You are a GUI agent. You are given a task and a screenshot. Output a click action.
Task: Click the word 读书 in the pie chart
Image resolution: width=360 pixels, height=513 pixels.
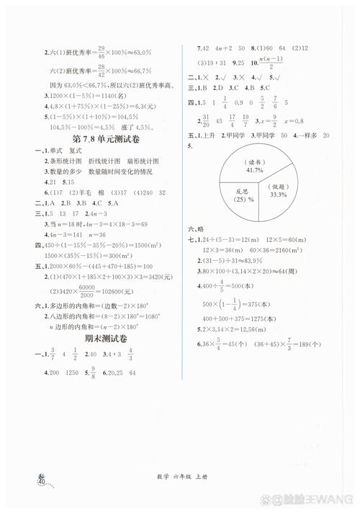coord(253,163)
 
